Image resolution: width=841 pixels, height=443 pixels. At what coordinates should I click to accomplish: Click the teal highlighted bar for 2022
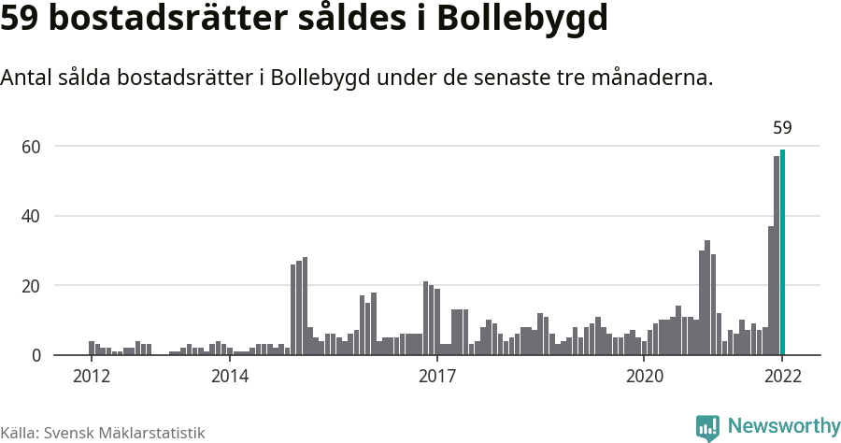782,252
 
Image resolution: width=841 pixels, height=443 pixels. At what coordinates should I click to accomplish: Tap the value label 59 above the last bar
782,128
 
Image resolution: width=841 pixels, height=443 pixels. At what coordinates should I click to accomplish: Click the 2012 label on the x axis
91,377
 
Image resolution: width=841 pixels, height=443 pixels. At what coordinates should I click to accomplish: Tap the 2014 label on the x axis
230,377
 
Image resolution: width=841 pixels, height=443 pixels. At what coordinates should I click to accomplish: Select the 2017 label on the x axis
436,377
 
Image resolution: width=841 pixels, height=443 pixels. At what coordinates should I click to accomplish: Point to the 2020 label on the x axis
643,377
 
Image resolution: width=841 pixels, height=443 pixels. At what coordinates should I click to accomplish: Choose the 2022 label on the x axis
782,377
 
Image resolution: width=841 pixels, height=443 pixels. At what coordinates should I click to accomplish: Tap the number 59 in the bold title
20,19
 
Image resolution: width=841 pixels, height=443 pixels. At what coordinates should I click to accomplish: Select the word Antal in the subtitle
27,79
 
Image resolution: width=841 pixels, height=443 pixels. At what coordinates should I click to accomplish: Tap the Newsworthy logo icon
707,428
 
